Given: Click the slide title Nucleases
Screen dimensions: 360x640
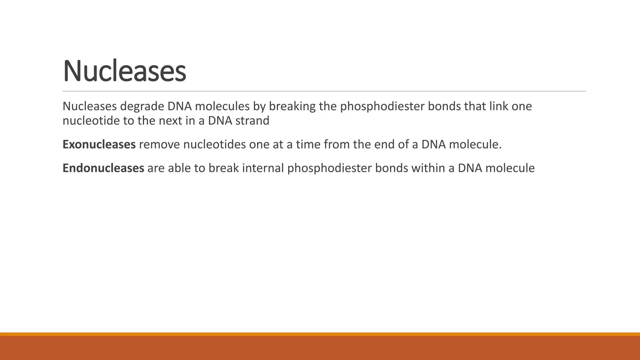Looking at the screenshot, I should click(x=124, y=71).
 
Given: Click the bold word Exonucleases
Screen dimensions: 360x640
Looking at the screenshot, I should click(x=99, y=145).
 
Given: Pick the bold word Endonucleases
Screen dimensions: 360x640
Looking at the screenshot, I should click(x=103, y=168).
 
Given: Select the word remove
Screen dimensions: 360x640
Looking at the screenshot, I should click(x=159, y=145).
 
